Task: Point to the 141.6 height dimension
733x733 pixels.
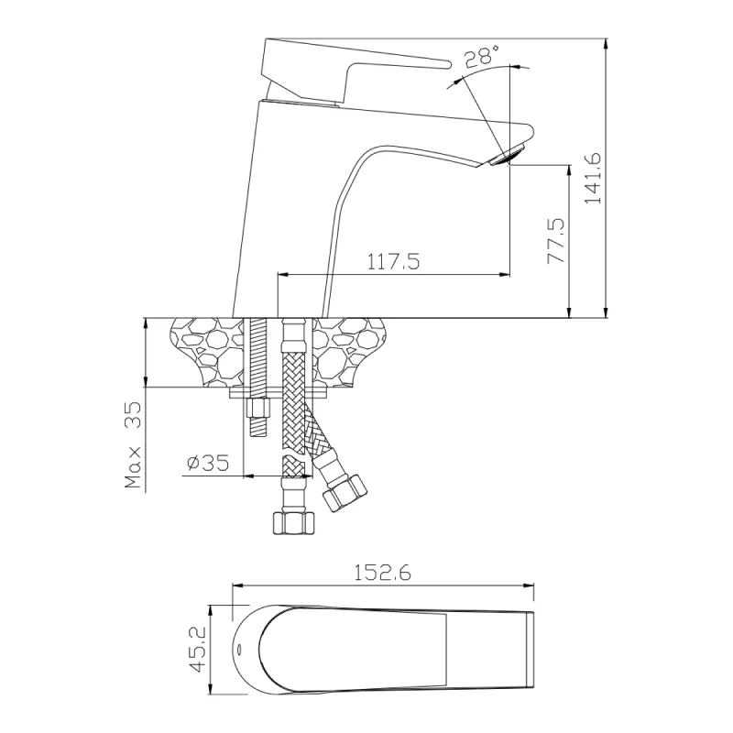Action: (593, 179)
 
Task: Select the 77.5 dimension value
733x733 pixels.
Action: (555, 241)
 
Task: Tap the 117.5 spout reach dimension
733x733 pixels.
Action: (393, 262)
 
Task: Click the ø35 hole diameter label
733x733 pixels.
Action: (206, 464)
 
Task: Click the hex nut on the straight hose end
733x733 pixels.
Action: (293, 523)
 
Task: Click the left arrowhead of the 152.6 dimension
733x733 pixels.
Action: (236, 585)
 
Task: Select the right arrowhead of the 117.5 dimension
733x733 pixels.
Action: (506, 273)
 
